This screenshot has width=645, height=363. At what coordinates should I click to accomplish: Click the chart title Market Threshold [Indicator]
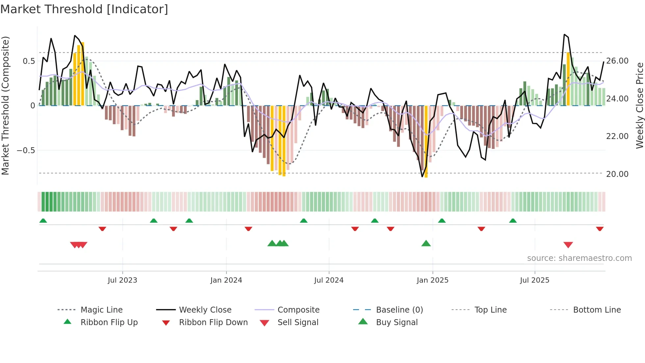click(x=84, y=9)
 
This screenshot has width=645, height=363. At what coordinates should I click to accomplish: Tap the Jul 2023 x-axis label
click(x=122, y=280)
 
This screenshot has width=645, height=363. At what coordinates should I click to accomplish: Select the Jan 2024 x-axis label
click(x=226, y=280)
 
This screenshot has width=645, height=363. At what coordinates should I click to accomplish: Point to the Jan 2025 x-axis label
click(x=432, y=280)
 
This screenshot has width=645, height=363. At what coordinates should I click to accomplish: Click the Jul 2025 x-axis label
click(x=535, y=280)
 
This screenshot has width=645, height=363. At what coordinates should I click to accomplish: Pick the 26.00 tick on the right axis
click(x=617, y=61)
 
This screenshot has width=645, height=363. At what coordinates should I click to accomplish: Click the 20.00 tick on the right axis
click(x=617, y=174)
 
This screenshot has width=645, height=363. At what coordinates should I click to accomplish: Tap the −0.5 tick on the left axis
click(x=26, y=151)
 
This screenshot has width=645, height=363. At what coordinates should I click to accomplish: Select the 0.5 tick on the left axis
click(x=29, y=61)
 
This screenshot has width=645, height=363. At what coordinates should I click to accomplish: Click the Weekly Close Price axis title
click(x=639, y=105)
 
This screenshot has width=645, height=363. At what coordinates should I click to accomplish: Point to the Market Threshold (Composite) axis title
click(x=5, y=105)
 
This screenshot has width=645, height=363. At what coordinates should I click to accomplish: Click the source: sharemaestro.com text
click(x=579, y=258)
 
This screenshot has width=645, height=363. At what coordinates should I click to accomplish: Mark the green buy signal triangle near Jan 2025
click(x=426, y=244)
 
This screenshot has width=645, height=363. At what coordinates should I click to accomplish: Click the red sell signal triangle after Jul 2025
click(x=568, y=245)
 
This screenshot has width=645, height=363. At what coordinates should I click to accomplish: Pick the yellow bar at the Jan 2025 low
click(x=426, y=142)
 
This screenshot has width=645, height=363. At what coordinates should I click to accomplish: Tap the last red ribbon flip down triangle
click(x=600, y=229)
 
